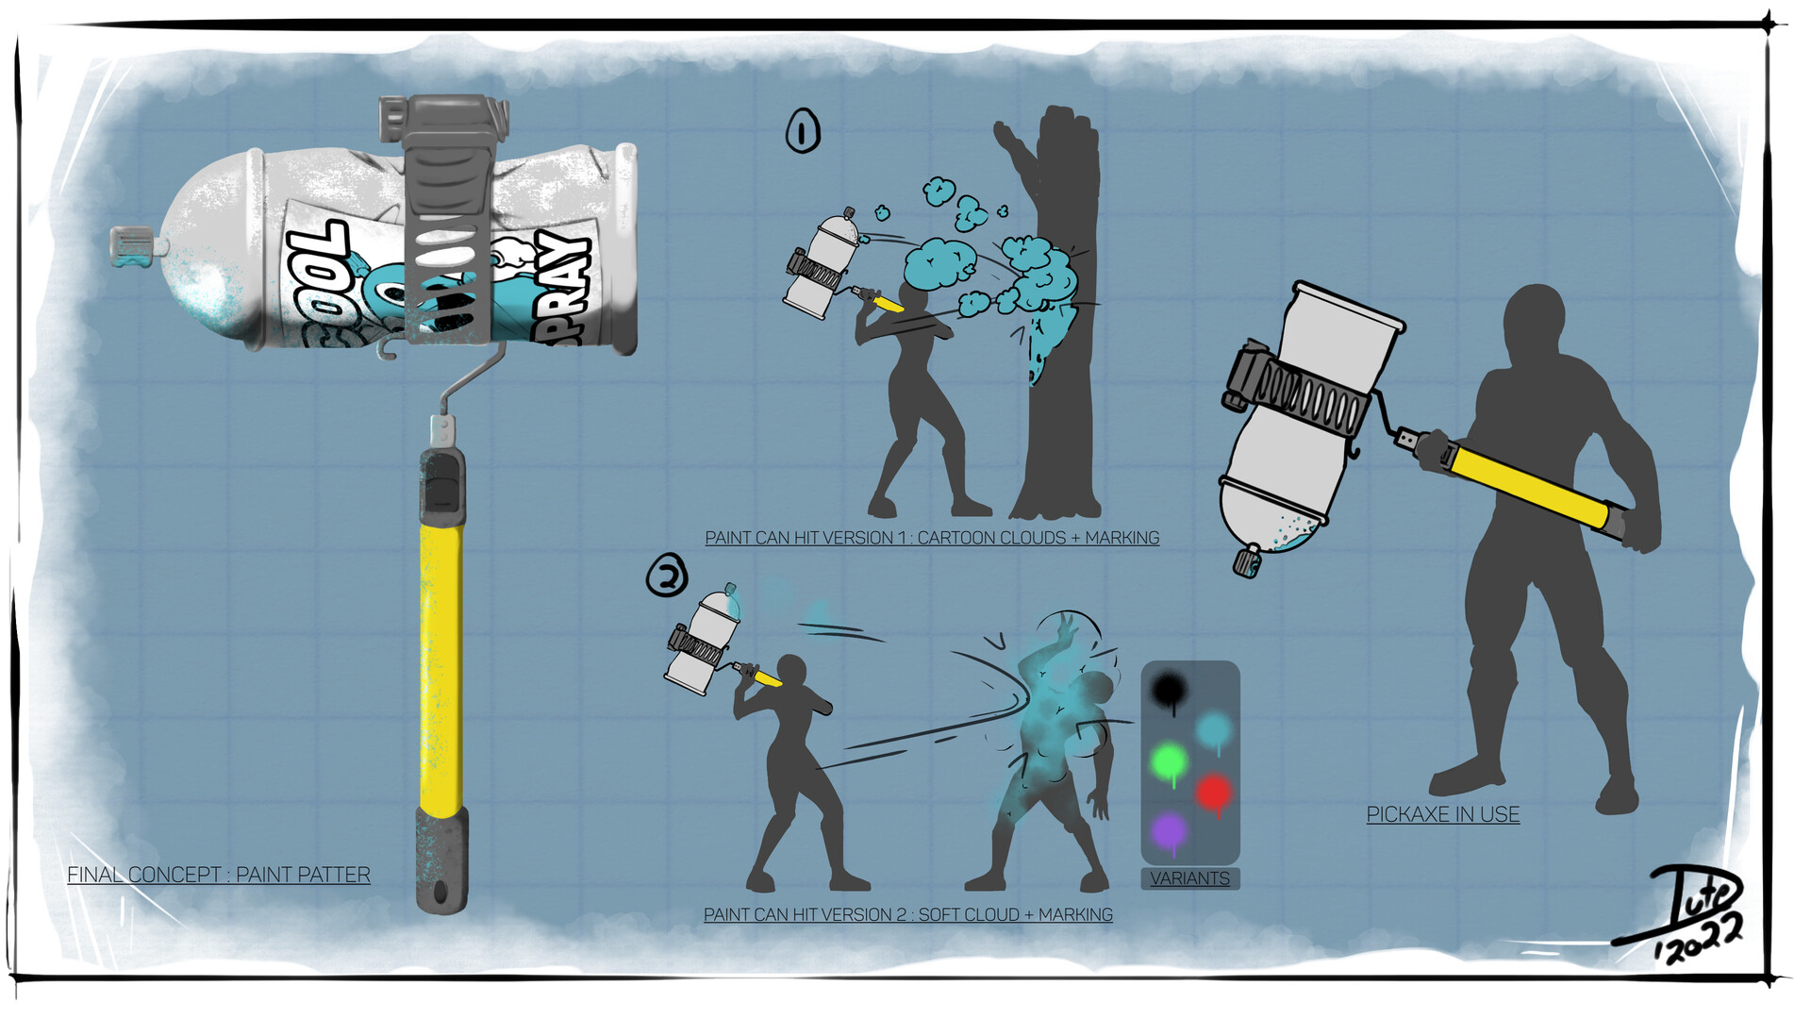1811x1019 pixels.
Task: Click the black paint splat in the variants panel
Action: [x=1170, y=691]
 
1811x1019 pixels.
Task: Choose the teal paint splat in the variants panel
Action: [x=1213, y=729]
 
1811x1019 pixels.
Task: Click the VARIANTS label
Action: [x=1189, y=878]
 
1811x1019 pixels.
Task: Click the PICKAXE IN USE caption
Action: [x=1442, y=814]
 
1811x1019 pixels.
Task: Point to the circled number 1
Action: [x=803, y=131]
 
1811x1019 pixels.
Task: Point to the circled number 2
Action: [x=667, y=575]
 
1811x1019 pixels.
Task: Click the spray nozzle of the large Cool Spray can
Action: [x=132, y=247]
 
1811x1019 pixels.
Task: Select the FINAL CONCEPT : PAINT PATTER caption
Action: [x=219, y=875]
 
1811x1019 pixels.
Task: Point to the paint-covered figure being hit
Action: [x=1056, y=755]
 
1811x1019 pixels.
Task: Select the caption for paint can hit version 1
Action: [x=932, y=538]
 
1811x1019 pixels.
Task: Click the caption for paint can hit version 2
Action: [x=907, y=914]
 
